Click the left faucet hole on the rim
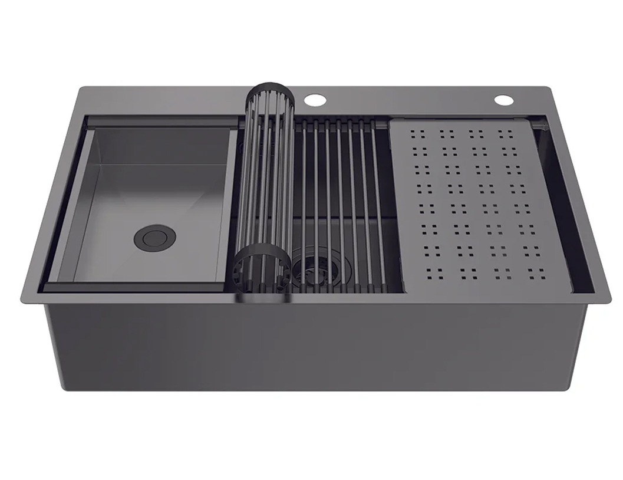click(315, 99)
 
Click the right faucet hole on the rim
click(504, 100)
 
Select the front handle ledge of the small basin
click(136, 287)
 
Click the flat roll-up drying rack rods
click(342, 195)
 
